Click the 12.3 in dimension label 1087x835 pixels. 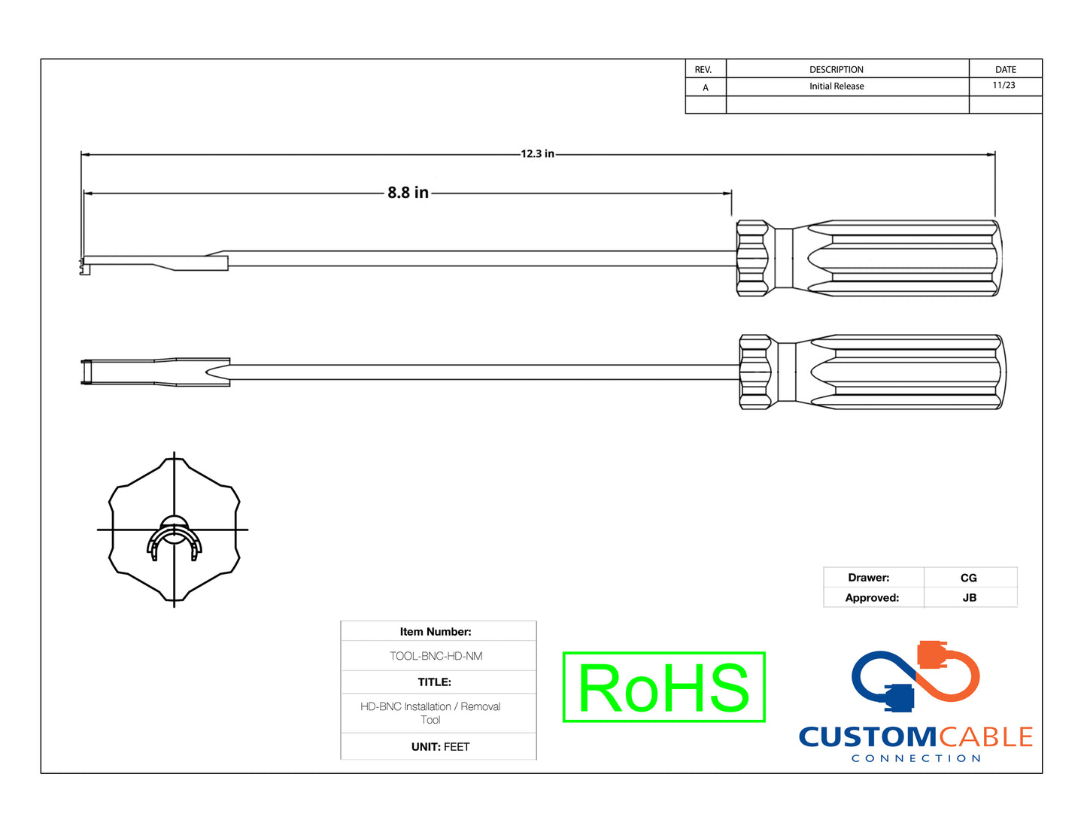tap(537, 153)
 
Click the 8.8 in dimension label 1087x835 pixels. tap(408, 193)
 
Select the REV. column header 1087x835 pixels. tap(703, 69)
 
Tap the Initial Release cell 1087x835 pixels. tap(837, 87)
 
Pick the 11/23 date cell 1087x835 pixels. tap(1004, 86)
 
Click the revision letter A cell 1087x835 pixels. tap(705, 87)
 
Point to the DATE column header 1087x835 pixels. tap(1005, 69)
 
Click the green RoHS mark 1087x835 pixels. tap(663, 688)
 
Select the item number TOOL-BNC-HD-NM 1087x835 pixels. tap(436, 656)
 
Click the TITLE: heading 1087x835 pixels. tap(435, 682)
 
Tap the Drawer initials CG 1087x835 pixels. tap(969, 578)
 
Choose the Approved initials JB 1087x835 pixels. tap(969, 598)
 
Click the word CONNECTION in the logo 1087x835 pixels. tap(915, 758)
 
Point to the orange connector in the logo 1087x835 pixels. tap(933, 654)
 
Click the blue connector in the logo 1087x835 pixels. tap(899, 697)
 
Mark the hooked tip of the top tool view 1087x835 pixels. tap(83, 264)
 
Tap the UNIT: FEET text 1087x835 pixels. tap(440, 747)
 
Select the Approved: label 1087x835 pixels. tap(872, 598)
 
